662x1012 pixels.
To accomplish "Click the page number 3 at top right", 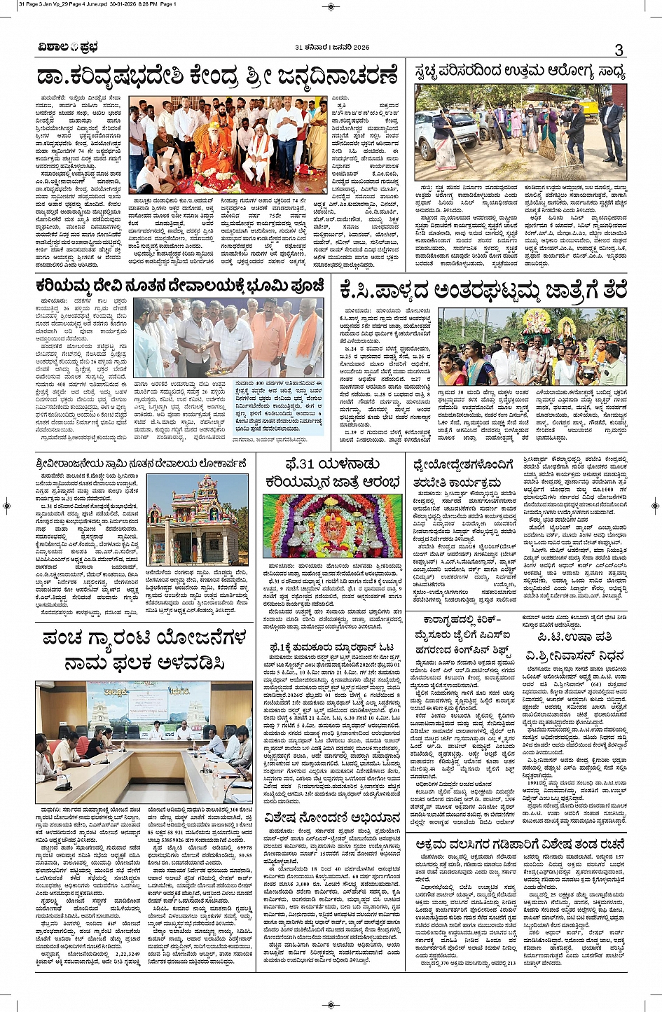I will pyautogui.click(x=619, y=50).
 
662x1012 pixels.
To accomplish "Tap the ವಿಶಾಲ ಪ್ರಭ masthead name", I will pyautogui.click(x=68, y=48).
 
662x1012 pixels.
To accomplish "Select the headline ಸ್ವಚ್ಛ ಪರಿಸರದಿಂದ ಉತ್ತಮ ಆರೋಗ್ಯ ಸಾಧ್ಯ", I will pyautogui.click(x=520, y=71).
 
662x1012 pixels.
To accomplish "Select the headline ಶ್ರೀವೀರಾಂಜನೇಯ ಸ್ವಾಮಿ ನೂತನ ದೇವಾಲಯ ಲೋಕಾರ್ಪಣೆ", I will pyautogui.click(x=141, y=464).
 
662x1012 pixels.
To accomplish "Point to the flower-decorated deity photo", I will pyautogui.click(x=333, y=527).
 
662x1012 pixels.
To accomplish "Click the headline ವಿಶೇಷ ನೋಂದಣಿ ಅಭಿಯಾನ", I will pyautogui.click(x=332, y=817).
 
